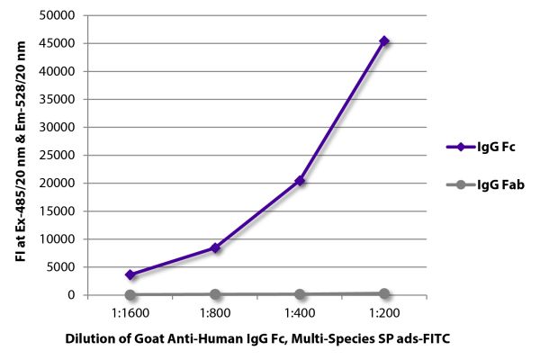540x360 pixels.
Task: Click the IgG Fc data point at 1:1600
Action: (130, 274)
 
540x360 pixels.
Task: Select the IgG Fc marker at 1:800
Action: (215, 247)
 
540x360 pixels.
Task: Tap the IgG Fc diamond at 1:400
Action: (300, 181)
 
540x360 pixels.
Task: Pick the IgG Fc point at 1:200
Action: (384, 40)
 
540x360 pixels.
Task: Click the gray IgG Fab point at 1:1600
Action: (130, 294)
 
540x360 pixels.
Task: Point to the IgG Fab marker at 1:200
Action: (384, 293)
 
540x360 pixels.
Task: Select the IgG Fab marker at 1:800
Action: (215, 294)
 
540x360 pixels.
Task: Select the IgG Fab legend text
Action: (501, 184)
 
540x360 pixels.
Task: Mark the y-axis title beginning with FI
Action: (20, 155)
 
